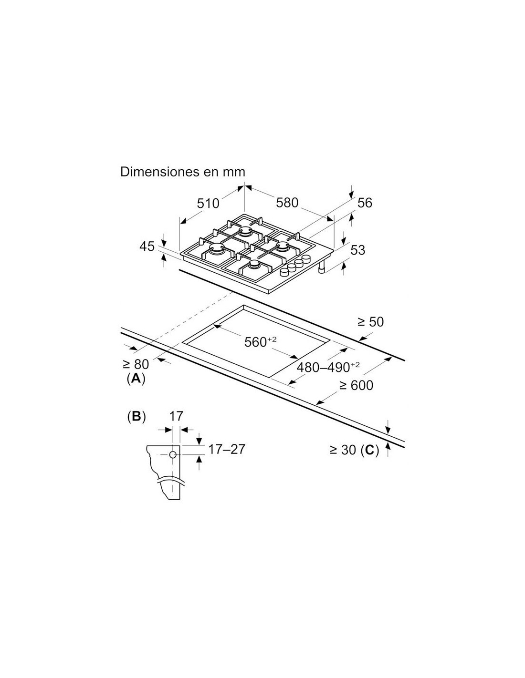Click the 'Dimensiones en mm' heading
(x=182, y=172)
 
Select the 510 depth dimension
(x=208, y=204)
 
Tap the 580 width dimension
(x=287, y=203)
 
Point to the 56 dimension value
(x=365, y=203)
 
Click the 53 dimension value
(x=358, y=250)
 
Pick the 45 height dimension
(x=147, y=247)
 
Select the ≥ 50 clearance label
(x=370, y=322)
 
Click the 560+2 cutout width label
(x=261, y=342)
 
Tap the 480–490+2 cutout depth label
(x=328, y=367)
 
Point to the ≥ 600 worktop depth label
(x=356, y=385)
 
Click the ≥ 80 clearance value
(x=136, y=364)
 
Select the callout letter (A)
(x=136, y=379)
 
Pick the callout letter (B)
(x=136, y=416)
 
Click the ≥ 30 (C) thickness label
(x=354, y=450)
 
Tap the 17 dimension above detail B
(x=176, y=416)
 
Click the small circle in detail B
(x=173, y=455)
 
